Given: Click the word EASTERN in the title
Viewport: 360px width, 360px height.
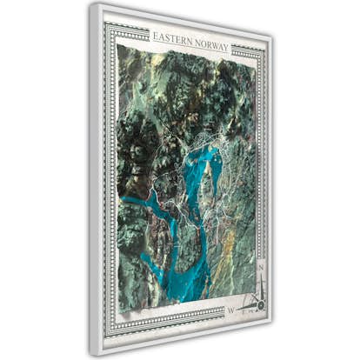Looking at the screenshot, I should click(173, 37).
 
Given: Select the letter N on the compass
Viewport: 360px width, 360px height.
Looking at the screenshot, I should click(260, 269).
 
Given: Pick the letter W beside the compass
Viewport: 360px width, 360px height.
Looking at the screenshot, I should click(230, 310).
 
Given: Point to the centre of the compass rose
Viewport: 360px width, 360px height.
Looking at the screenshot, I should click(254, 303).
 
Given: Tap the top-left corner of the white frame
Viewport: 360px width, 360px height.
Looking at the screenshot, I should click(90, 4).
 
